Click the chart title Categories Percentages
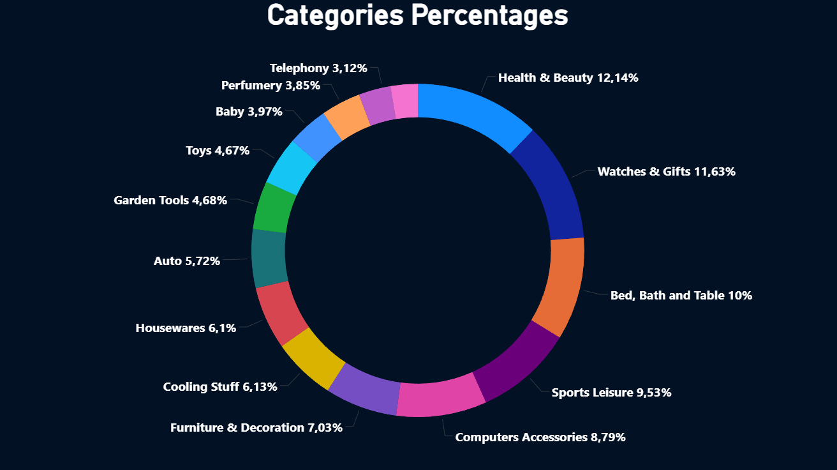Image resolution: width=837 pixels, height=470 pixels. pyautogui.click(x=418, y=15)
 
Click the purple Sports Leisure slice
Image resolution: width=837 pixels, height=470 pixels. pyautogui.click(x=516, y=361)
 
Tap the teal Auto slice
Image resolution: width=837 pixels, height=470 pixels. pyautogui.click(x=269, y=258)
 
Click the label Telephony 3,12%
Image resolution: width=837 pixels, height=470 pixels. pyautogui.click(x=318, y=68)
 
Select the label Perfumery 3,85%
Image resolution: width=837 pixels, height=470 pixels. pyautogui.click(x=270, y=86)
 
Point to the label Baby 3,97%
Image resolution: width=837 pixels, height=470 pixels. pyautogui.click(x=249, y=112)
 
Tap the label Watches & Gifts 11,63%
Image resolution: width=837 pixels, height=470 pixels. pyautogui.click(x=667, y=172)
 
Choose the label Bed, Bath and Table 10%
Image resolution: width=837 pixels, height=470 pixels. pyautogui.click(x=681, y=296)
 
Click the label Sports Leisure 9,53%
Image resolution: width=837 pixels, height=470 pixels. pyautogui.click(x=611, y=393)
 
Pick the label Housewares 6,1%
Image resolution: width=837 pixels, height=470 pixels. pyautogui.click(x=186, y=328)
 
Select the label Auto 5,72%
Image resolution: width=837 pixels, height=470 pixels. pyautogui.click(x=187, y=261)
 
